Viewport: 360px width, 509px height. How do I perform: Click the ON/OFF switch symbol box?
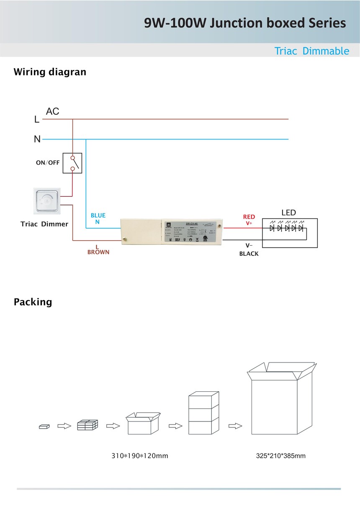pos(72,163)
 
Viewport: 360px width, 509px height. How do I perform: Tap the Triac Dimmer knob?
pos(47,200)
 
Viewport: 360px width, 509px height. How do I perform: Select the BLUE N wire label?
pos(98,219)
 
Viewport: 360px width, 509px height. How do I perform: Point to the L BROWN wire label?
pos(98,249)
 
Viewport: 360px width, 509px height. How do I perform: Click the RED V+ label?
pos(249,220)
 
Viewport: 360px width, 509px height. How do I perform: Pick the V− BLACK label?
pos(249,249)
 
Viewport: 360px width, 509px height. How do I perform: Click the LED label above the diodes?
pos(288,213)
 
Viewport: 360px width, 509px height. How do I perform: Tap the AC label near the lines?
pos(53,111)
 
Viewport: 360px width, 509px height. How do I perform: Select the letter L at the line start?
pos(37,120)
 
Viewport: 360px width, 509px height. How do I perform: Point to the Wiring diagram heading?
pos(50,72)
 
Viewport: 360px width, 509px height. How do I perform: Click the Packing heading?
pos(33,302)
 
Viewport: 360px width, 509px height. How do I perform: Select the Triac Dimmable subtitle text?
pos(311,51)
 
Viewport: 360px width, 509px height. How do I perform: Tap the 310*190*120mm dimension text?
pos(140,455)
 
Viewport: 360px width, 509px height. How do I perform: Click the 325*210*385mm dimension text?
pos(281,455)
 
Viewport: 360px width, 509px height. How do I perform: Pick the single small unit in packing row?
pos(44,426)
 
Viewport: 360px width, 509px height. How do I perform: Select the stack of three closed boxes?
pos(204,413)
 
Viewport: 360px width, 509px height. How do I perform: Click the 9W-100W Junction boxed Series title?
pos(245,23)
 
